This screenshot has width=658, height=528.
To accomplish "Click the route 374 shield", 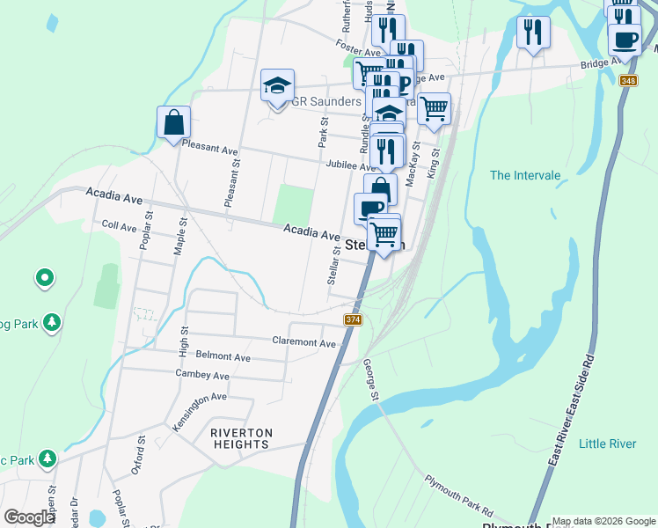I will pos(354,319).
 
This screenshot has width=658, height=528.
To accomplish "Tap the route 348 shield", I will pos(627,82).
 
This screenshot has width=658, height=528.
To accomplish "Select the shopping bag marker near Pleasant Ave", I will pos(173,123).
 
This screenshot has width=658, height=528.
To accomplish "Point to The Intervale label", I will pos(525,175).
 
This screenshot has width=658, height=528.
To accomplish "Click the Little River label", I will pos(607,444).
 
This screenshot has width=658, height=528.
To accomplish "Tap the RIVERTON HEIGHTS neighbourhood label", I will pos(240,438).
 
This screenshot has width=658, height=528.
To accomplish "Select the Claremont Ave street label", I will pos(304,342).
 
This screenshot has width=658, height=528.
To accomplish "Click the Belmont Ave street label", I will pos(223,357).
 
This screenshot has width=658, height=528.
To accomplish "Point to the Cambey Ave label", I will pos(202,375).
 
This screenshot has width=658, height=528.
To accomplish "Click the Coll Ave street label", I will pos(120,226).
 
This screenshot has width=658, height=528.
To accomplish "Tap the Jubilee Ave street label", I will pos(350,165).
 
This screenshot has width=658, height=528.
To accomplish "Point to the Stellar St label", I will pos(333,265).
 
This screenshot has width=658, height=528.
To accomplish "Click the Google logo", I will pos(29,517).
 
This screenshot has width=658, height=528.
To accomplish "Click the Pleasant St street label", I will pos(231,183).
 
